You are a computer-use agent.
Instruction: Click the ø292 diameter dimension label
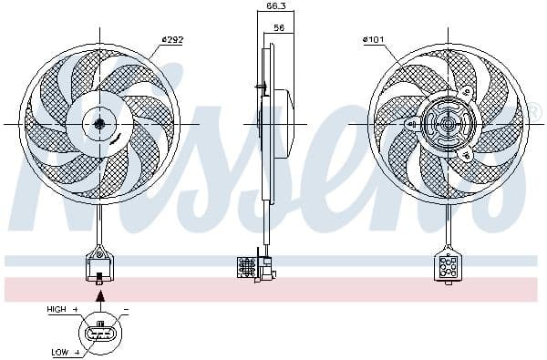pyautogui.click(x=172, y=38)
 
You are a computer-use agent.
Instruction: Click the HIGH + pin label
pyautogui.click(x=62, y=310)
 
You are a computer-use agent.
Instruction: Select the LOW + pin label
pyautogui.click(x=64, y=350)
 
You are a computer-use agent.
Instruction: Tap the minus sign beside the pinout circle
pyautogui.click(x=125, y=311)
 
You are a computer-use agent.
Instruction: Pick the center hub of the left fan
pyautogui.click(x=98, y=123)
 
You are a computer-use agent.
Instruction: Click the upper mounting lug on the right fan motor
pyautogui.click(x=462, y=91)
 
